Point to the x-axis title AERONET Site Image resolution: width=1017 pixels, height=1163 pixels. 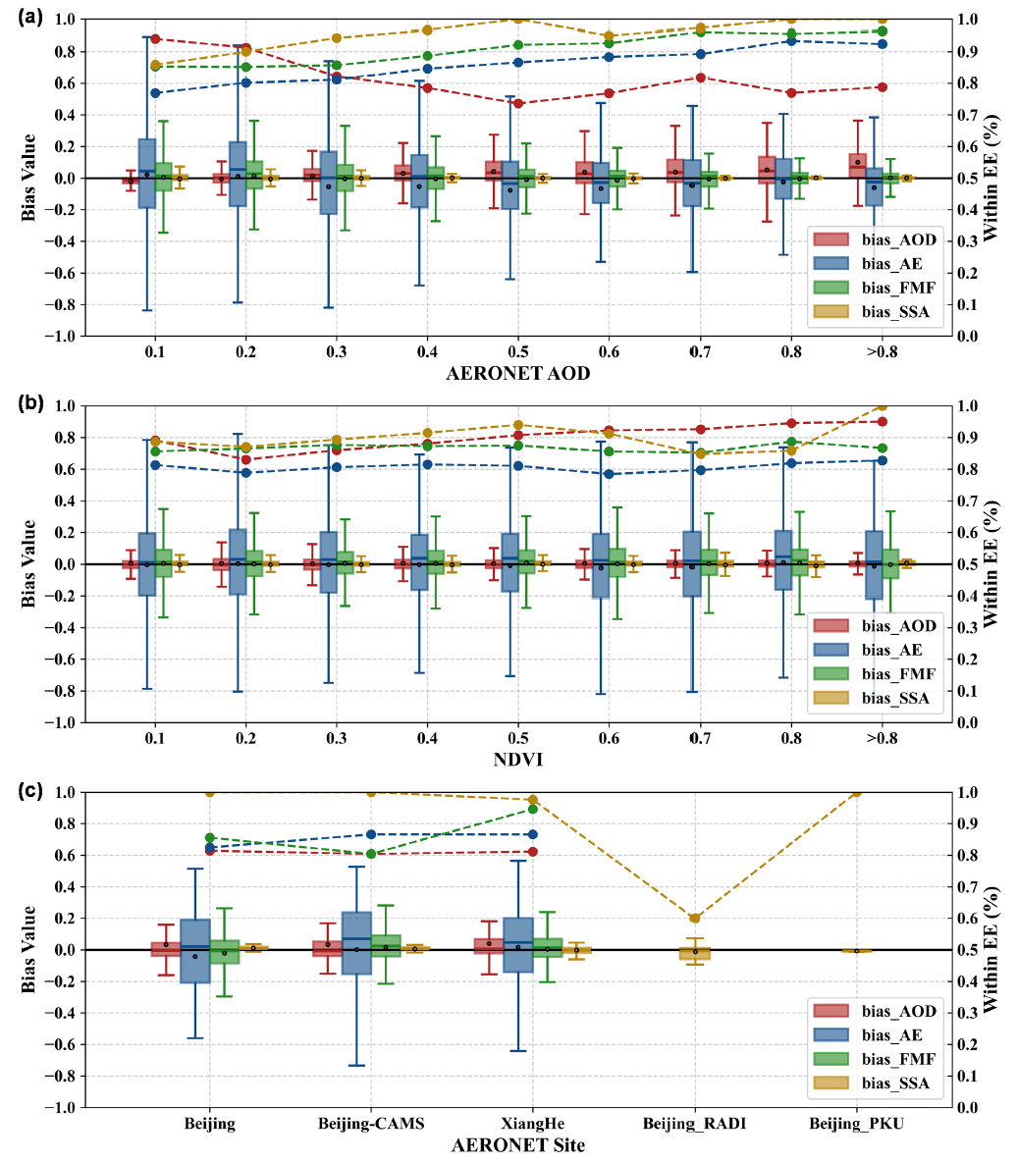pos(518,1145)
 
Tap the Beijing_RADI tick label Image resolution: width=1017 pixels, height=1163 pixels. pos(694,1124)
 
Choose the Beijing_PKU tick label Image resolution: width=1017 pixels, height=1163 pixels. pos(857,1124)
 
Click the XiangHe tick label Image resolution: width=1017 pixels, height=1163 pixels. pos(533,1124)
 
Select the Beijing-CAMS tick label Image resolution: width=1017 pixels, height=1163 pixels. pos(371,1124)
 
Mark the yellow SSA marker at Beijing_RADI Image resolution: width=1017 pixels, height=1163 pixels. pos(695,918)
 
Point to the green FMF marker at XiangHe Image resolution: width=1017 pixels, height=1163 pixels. pos(533,809)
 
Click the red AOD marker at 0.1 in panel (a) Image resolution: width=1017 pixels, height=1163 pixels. pos(155,38)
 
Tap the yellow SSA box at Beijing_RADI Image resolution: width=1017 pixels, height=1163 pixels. pos(695,952)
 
